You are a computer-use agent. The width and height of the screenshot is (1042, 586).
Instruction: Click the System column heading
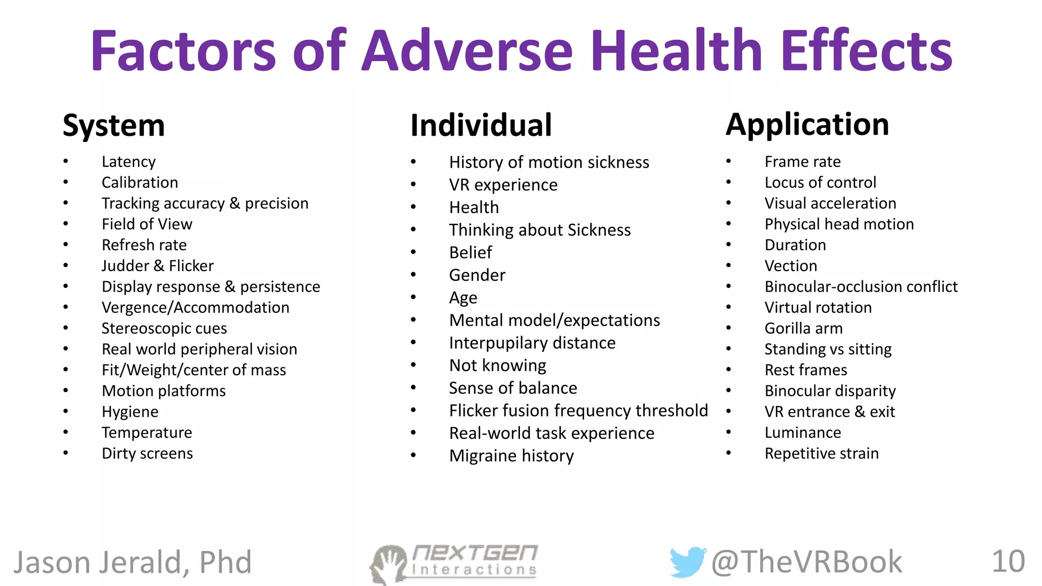click(113, 125)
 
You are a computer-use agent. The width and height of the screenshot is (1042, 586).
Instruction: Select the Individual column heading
click(481, 125)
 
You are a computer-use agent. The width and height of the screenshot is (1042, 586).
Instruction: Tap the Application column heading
click(807, 124)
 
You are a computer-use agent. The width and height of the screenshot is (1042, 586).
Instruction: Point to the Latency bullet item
click(129, 162)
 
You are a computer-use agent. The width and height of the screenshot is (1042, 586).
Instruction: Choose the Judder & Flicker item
click(157, 266)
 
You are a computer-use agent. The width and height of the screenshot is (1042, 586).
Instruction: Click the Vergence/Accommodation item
click(195, 307)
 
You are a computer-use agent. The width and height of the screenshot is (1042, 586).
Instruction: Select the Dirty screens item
click(147, 453)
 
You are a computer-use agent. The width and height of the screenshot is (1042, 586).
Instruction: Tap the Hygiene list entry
click(130, 412)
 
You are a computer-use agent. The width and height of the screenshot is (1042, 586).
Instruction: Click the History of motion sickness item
click(549, 162)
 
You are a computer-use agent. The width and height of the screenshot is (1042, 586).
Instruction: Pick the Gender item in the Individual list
click(477, 275)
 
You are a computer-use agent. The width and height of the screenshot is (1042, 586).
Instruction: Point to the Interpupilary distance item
click(532, 343)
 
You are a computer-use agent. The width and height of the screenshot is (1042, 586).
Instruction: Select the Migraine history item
click(511, 456)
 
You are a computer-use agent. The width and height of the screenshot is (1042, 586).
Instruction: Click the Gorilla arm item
click(803, 328)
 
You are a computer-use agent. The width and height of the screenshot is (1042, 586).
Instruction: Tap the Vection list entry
click(791, 266)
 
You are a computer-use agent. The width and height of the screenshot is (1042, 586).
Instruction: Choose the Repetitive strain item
click(821, 453)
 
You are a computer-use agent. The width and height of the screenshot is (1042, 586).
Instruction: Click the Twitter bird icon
click(687, 562)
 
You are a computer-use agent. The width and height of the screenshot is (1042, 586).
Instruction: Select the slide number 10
click(1008, 562)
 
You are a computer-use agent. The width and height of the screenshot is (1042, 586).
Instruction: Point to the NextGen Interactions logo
click(454, 563)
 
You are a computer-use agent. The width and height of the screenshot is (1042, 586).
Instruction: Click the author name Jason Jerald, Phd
click(132, 563)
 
